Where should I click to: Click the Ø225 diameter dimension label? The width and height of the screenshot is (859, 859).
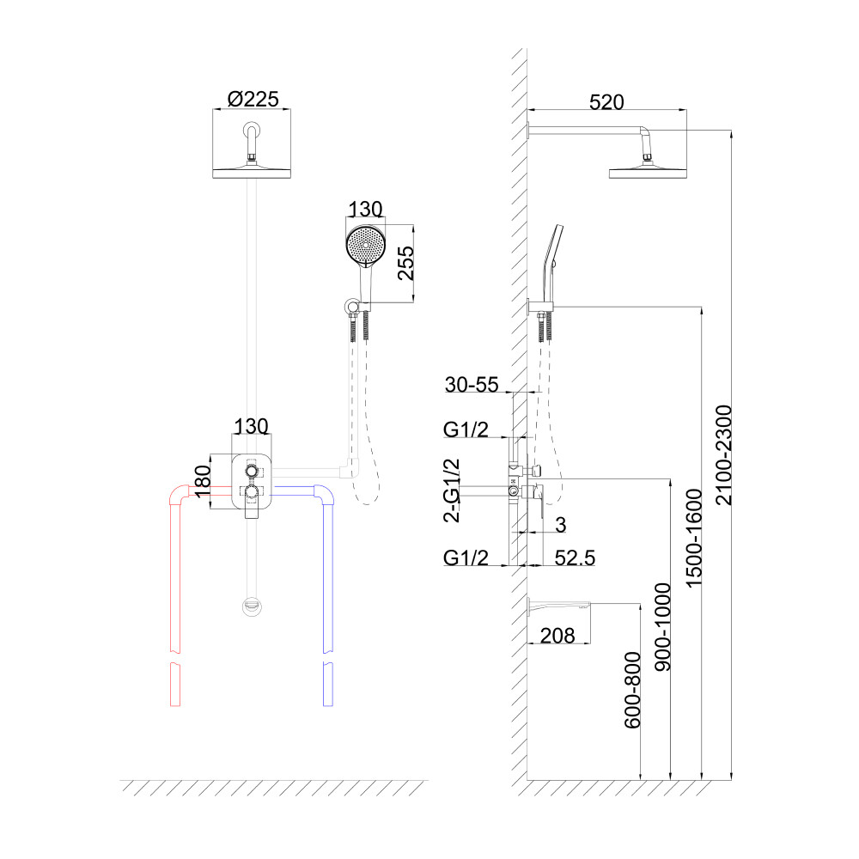point(253,99)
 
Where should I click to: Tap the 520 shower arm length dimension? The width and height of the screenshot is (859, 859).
point(606,102)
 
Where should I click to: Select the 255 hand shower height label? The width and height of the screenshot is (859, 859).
point(408,264)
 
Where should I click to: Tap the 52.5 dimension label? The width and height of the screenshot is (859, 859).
point(575,557)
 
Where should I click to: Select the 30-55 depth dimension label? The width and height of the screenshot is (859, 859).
point(472,385)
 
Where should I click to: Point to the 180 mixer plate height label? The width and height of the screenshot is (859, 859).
point(204,484)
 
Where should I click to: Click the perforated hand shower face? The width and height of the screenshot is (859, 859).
point(365,243)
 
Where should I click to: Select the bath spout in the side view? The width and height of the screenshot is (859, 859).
point(558,608)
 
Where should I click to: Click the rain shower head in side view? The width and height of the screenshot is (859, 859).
point(649,171)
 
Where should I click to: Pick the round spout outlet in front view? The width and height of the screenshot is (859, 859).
point(251,606)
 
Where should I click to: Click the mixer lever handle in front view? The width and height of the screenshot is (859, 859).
point(251,509)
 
